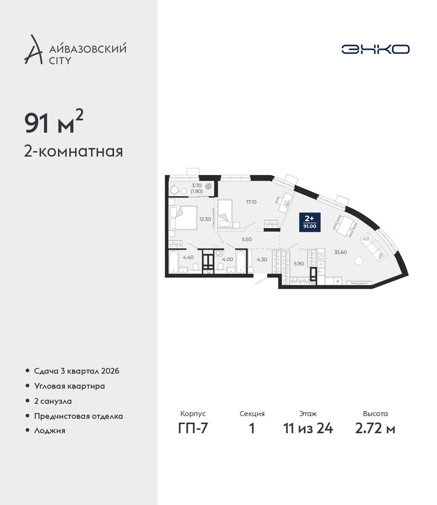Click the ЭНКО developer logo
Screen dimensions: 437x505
pos(375,49)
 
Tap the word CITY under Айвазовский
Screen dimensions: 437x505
pos(60,61)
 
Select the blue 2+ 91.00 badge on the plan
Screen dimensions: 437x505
pos(310,222)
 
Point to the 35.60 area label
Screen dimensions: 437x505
pos(340,252)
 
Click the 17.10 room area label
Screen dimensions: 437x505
pos(251,202)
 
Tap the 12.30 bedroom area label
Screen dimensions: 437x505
pos(205,219)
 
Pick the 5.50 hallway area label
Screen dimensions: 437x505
pos(247,239)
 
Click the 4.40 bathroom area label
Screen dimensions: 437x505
pos(188,257)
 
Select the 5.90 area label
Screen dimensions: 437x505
pos(299,264)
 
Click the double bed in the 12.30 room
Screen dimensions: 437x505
pos(183,218)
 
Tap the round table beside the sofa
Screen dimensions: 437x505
pos(359,261)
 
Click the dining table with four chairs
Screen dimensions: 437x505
pos(345,226)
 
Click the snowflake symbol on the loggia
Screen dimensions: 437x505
pos(208,187)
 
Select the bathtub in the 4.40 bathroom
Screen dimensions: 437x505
pos(174,262)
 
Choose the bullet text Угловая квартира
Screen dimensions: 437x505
pos(70,386)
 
